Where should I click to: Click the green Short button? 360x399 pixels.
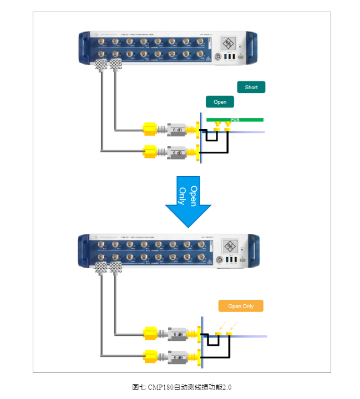[251, 87]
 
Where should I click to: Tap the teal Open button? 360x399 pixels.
[220, 102]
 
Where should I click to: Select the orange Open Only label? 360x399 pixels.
[241, 306]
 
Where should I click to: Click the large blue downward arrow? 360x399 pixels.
[189, 202]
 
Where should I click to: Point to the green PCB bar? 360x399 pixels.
[235, 120]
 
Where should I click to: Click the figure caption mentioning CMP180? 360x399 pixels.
[181, 387]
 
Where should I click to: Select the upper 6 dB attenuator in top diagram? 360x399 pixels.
[178, 130]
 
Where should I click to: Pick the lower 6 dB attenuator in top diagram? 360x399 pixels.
[178, 152]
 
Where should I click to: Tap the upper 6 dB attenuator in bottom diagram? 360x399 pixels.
[178, 335]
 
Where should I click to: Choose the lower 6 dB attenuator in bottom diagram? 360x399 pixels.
[178, 357]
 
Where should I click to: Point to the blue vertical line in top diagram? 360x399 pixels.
[200, 139]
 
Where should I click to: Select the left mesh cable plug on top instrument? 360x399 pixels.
[102, 65]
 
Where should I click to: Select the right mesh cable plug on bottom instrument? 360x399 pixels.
[115, 269]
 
